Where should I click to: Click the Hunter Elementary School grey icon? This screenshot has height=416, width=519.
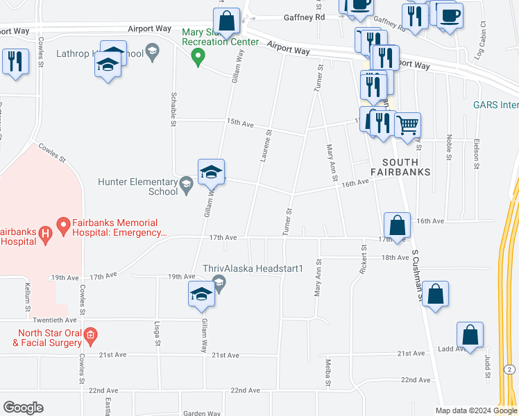point(185,184)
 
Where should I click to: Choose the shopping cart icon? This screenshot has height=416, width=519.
point(407,125)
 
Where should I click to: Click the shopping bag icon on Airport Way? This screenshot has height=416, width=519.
point(226,19)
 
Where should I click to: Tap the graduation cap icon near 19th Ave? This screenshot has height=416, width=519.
point(201,293)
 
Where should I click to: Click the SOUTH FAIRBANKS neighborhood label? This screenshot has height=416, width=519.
point(400,166)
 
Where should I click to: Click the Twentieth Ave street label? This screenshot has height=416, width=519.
point(53,320)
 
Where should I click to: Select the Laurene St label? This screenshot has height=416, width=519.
point(266,146)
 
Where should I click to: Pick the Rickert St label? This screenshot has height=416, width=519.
point(362,259)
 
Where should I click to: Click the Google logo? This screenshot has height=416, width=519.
point(23,408)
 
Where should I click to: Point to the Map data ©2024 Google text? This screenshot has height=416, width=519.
point(475,410)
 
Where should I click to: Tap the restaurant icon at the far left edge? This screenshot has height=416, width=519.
point(15,61)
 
